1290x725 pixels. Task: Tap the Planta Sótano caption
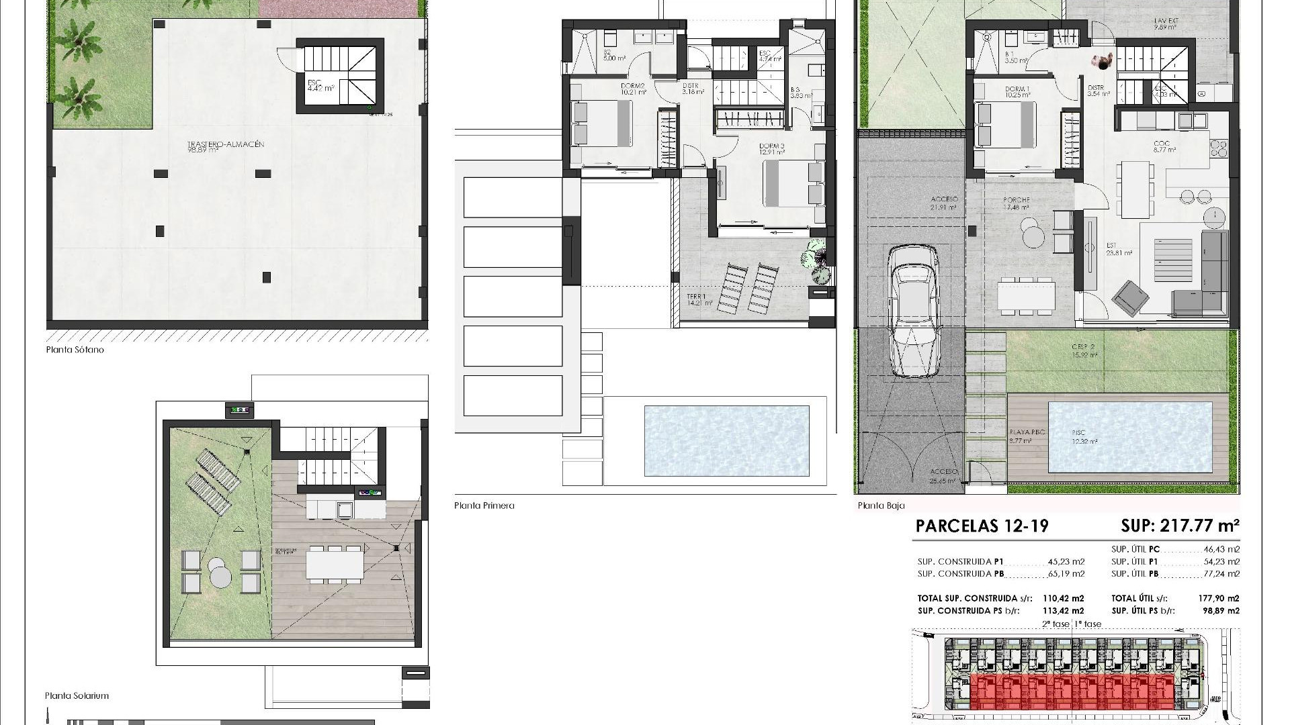click(75, 350)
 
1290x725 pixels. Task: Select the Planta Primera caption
click(484, 505)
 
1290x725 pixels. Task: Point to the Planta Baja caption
click(881, 505)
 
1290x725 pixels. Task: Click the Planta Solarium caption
click(77, 696)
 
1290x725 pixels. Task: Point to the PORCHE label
click(1016, 200)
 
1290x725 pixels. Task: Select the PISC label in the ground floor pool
click(1079, 433)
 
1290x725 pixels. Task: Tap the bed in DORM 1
click(1004, 124)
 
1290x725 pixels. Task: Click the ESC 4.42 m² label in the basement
click(320, 86)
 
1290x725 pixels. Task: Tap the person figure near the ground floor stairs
click(1103, 62)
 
